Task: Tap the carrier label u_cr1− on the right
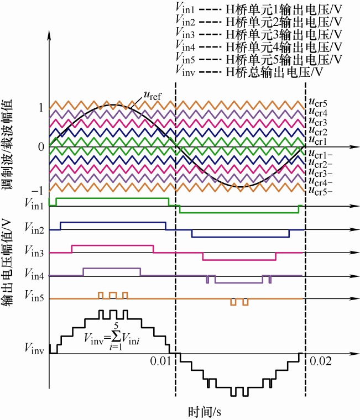point(320,154)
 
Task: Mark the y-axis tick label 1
point(40,108)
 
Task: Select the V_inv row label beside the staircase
point(34,348)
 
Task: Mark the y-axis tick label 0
point(40,147)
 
